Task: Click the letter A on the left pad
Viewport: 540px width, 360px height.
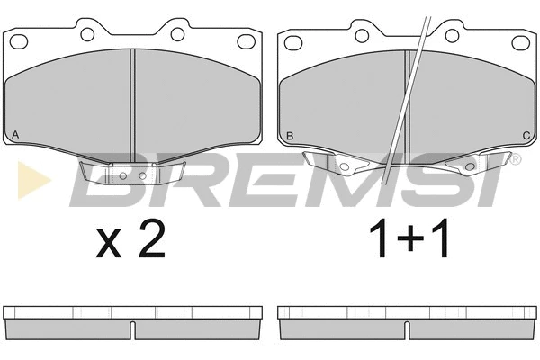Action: tap(15, 135)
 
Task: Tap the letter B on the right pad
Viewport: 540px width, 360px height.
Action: tap(290, 136)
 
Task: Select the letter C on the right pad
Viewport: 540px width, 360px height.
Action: tap(526, 136)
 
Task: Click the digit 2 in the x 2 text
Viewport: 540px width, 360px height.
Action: tap(151, 239)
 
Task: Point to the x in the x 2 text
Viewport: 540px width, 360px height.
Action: tap(109, 245)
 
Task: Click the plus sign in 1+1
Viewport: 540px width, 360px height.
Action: tap(409, 238)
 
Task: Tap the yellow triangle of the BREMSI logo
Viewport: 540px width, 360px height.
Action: tap(34, 180)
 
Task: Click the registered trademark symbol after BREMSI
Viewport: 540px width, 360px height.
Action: tap(515, 159)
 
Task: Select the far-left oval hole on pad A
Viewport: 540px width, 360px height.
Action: tap(19, 41)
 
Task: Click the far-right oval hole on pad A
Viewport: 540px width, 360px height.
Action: tap(246, 41)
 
